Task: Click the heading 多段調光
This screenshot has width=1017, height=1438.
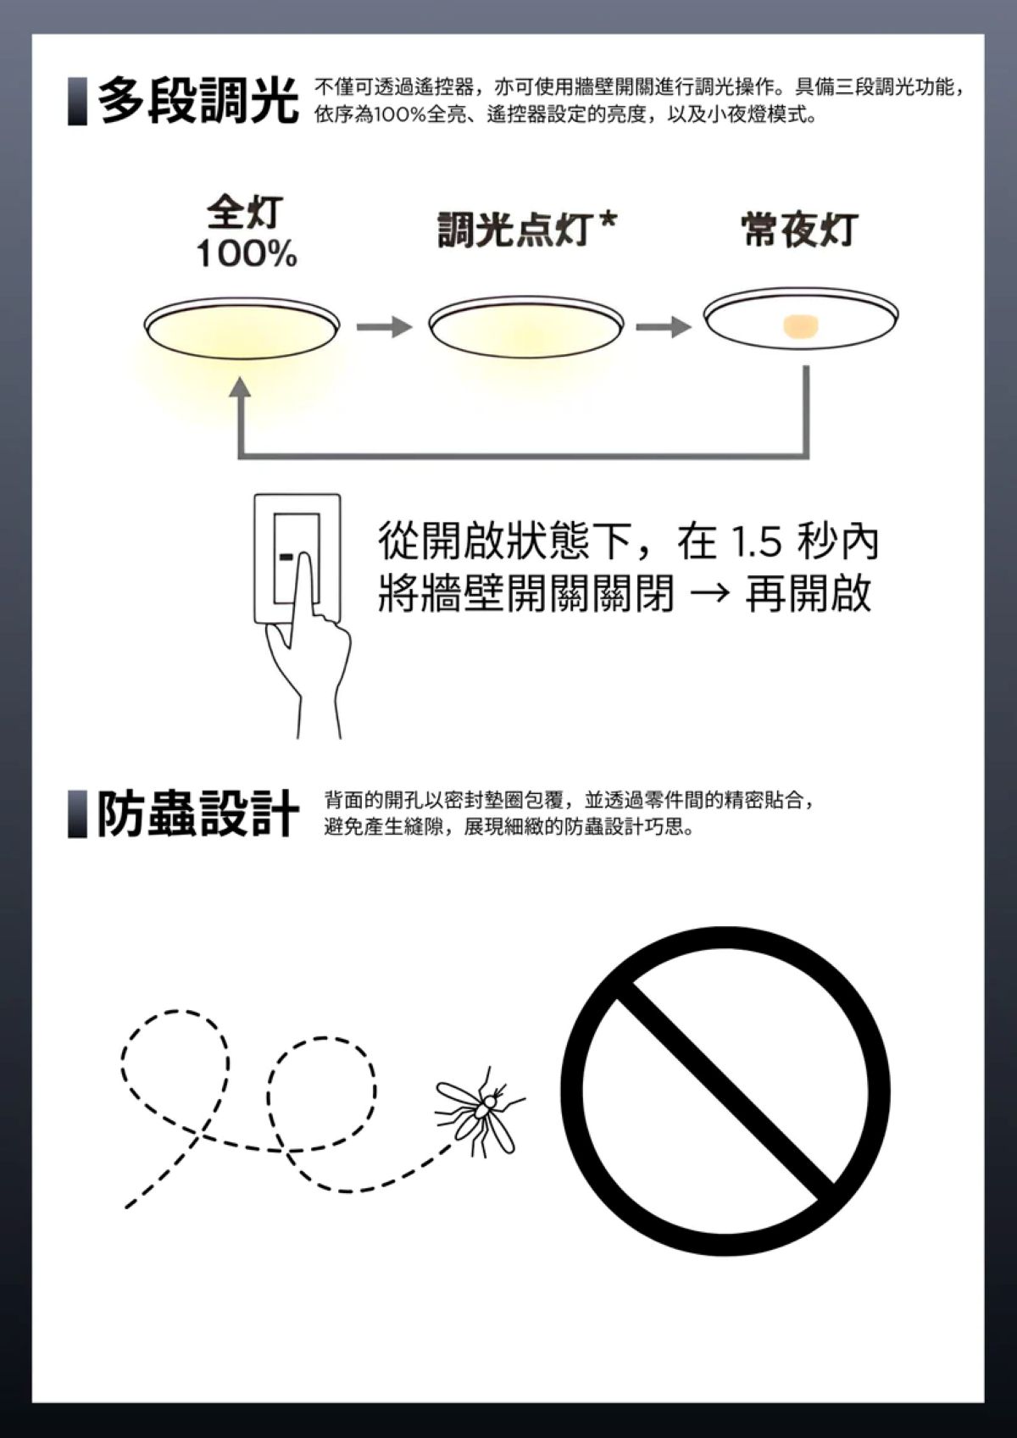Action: tap(198, 101)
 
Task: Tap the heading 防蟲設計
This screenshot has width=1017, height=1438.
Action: tap(198, 814)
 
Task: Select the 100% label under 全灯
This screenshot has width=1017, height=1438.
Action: tap(247, 254)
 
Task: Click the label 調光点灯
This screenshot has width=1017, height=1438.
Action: tap(514, 230)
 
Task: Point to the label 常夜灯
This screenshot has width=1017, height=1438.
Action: tap(800, 230)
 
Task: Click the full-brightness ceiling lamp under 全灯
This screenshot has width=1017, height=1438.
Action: tap(242, 327)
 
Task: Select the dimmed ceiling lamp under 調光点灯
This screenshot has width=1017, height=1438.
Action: tap(525, 327)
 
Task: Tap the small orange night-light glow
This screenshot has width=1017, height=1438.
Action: tap(801, 325)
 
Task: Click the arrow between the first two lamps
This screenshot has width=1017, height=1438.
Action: tap(384, 327)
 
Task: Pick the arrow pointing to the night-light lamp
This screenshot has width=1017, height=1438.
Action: tap(664, 327)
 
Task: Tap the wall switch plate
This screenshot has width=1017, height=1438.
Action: tap(297, 558)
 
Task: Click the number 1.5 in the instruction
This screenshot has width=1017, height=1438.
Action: tap(756, 543)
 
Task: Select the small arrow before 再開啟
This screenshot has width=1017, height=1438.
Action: tap(710, 595)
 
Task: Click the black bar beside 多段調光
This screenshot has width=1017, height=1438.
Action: tap(77, 101)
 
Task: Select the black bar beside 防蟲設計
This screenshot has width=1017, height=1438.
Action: tap(77, 814)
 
